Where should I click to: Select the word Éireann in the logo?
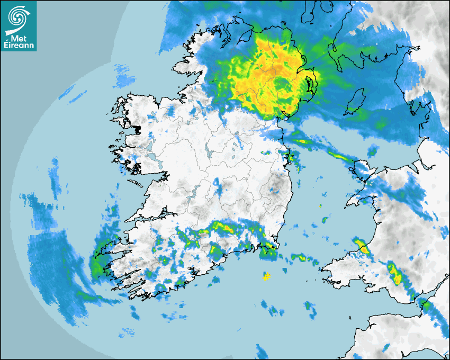coord(19,44)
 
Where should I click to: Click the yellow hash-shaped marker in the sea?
coord(267,276)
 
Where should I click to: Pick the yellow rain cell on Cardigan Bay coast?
coord(362,246)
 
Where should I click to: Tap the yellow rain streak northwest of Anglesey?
coord(339,156)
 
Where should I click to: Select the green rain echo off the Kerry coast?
coord(97,265)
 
